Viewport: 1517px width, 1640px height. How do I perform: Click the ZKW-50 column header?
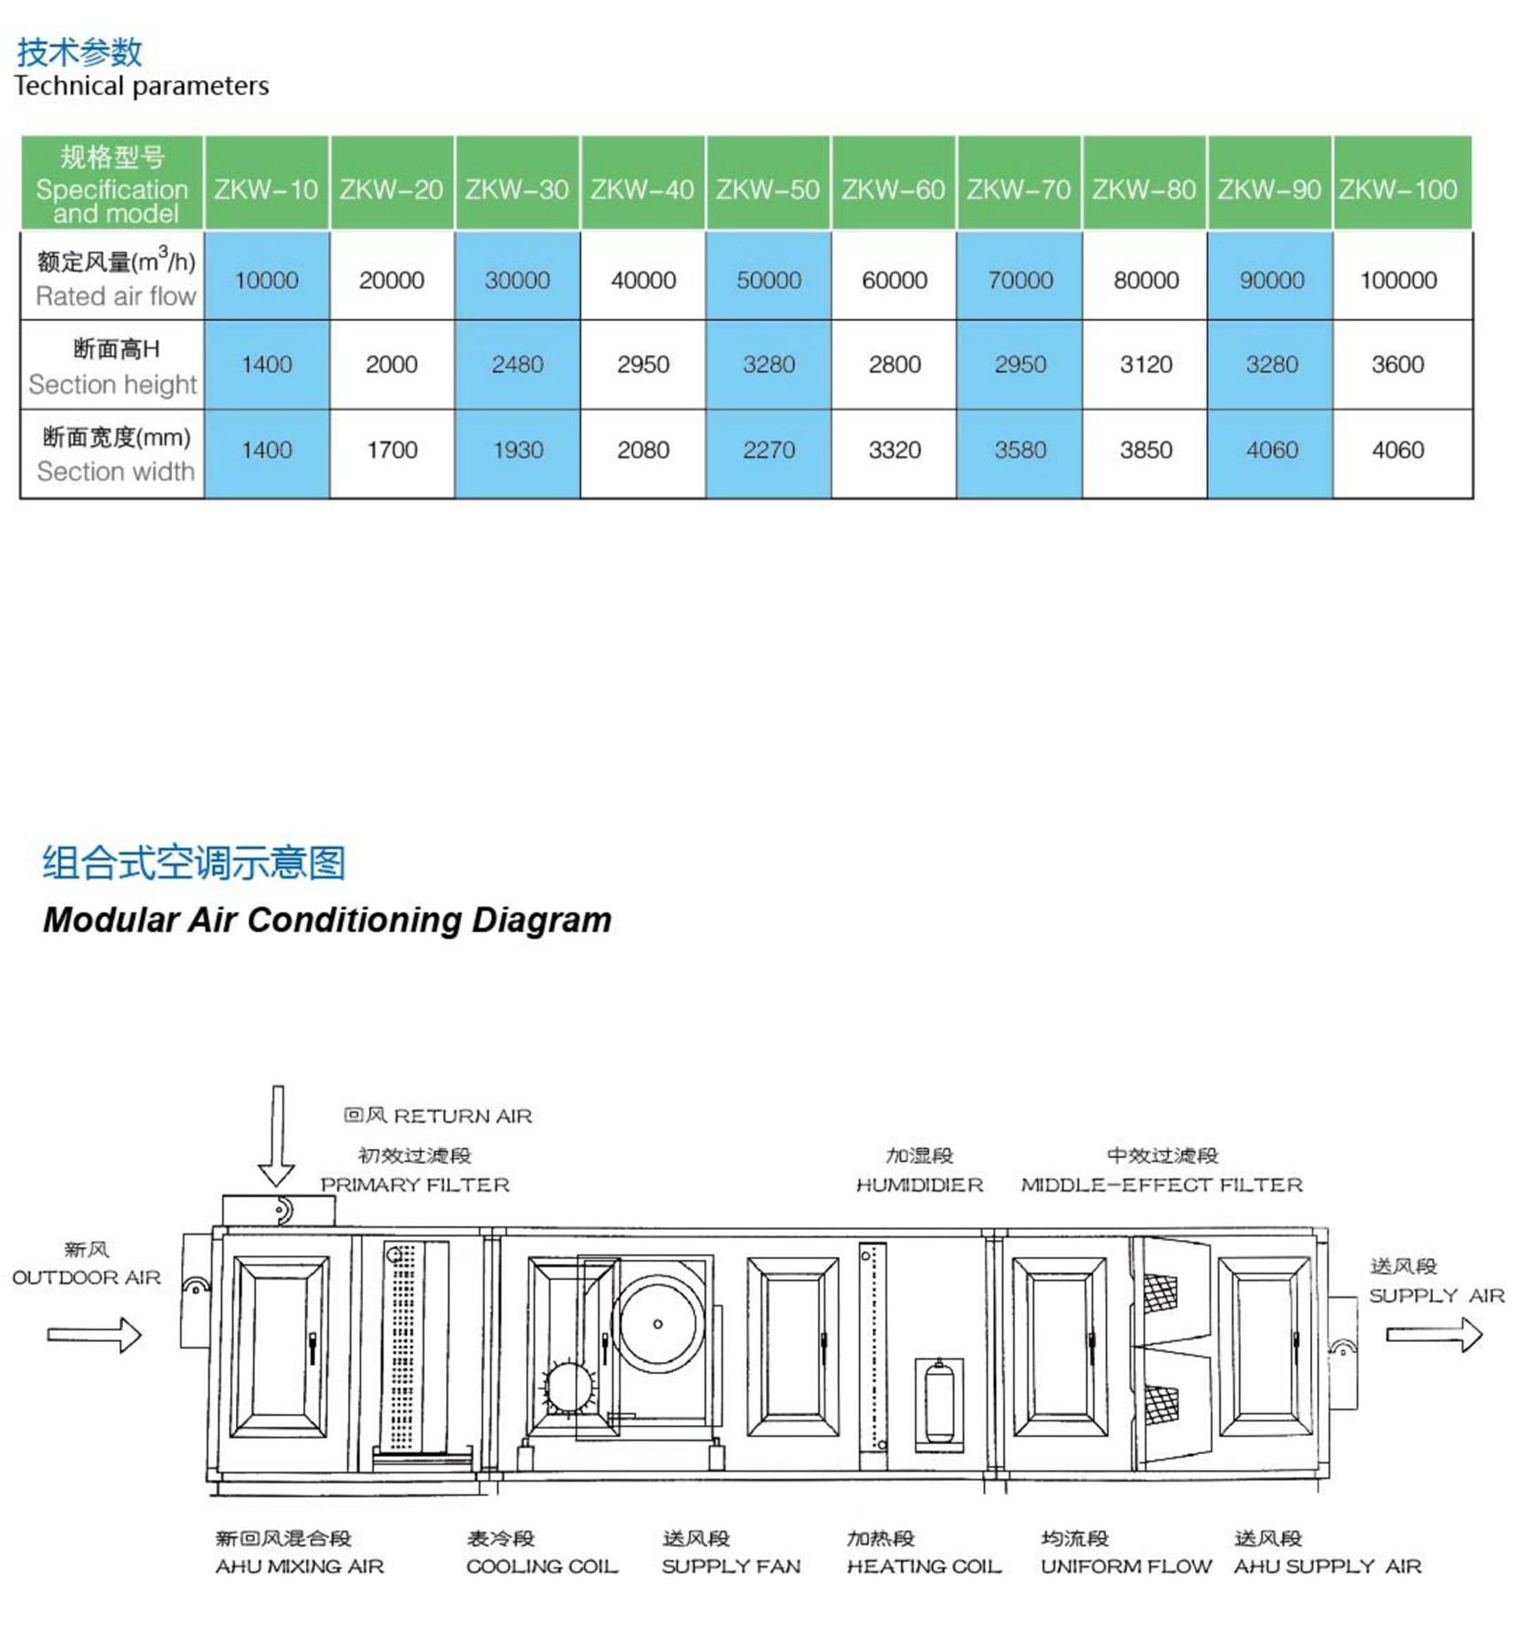768,190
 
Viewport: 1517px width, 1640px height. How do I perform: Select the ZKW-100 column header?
1399,190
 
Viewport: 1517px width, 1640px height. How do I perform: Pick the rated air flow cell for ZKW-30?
518,280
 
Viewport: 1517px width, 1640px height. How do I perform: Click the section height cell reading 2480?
518,364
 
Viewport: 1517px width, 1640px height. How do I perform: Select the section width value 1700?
392,450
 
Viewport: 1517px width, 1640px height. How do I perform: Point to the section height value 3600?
1398,364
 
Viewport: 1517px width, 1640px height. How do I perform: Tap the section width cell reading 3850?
1146,450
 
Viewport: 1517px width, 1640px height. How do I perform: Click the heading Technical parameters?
141,86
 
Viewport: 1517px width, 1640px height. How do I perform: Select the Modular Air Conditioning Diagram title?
327,920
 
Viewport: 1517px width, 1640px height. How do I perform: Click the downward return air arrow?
277,1134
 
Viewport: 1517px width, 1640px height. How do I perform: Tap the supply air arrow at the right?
1434,1335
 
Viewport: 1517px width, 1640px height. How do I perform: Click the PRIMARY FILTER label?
415,1184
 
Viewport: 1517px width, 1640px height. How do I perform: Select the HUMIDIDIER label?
919,1184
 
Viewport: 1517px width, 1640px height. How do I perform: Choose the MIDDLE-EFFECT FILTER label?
1162,1184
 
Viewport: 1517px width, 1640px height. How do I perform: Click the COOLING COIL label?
542,1566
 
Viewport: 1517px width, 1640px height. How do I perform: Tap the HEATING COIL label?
924,1566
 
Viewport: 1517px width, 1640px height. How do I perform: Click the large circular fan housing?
658,1324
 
